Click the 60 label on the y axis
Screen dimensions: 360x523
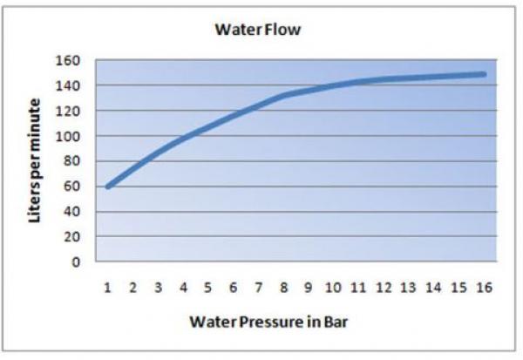click(x=72, y=186)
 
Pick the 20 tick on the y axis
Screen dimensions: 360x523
click(x=72, y=236)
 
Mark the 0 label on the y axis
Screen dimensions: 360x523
click(x=76, y=262)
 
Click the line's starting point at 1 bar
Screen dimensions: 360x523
click(x=107, y=187)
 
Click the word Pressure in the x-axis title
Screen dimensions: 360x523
click(x=264, y=321)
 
